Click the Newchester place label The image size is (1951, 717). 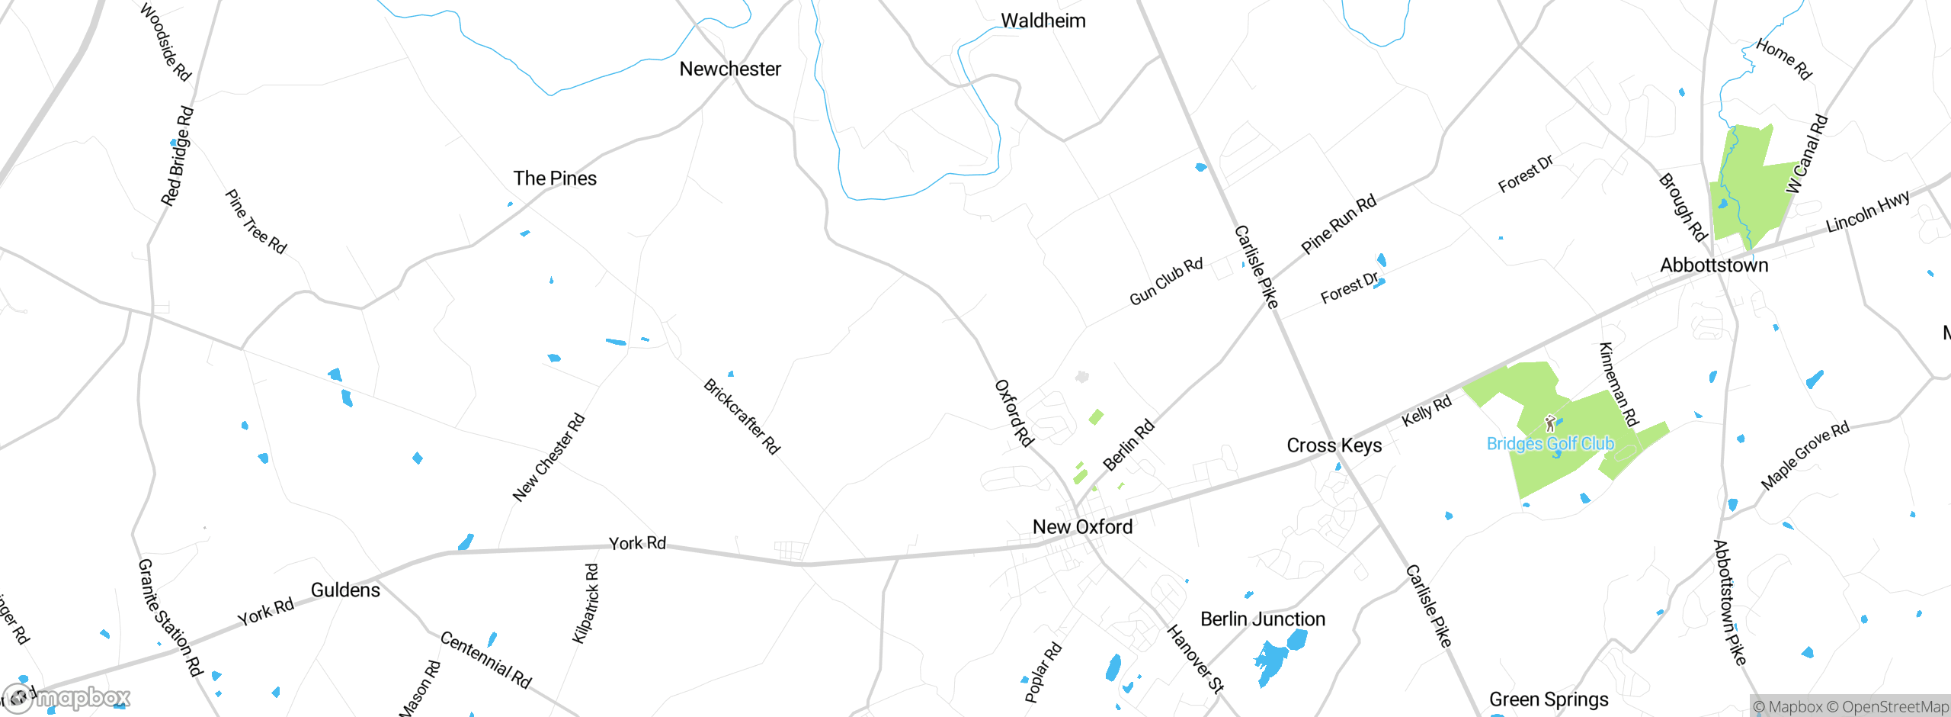coord(730,69)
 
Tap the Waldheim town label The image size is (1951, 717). coord(1043,21)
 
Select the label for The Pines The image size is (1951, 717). coord(555,178)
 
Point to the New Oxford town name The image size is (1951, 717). coord(1082,527)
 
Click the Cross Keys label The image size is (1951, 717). coord(1334,445)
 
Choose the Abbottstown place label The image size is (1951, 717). coord(1714,265)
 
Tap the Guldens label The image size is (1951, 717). coord(345,590)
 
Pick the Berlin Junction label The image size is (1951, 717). coord(1263,619)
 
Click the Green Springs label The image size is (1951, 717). coord(1549,699)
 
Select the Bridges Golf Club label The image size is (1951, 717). coord(1550,444)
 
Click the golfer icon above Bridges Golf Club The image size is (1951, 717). coord(1549,423)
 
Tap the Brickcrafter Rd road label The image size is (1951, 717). coord(742,416)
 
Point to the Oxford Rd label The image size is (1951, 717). coord(1014,413)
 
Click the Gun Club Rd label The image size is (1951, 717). coord(1165,281)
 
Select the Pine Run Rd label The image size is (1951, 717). coord(1338,223)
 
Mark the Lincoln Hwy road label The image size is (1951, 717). coord(1868,211)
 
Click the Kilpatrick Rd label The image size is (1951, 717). coord(585,603)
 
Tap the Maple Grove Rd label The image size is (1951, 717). coord(1804,455)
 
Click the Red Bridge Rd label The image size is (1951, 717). coord(177,156)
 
